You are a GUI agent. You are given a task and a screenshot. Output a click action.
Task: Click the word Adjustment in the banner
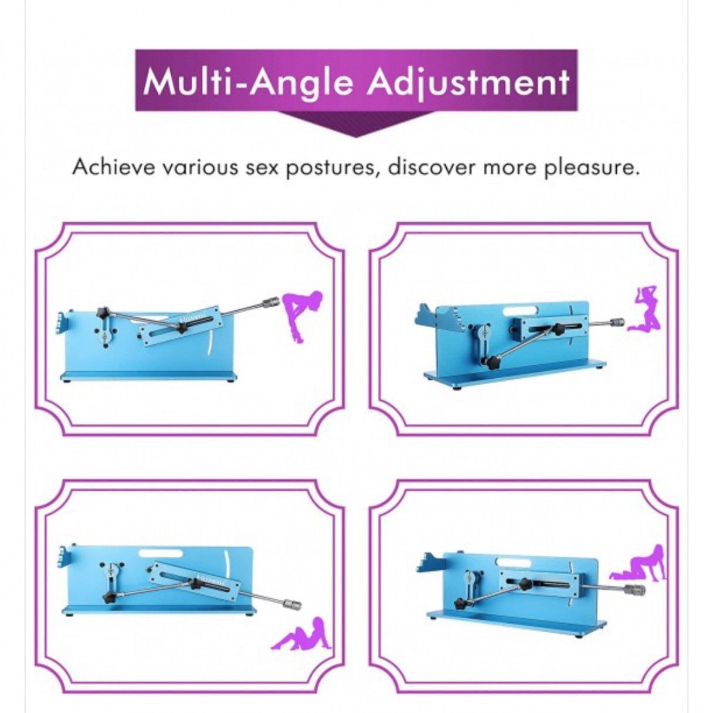(x=466, y=82)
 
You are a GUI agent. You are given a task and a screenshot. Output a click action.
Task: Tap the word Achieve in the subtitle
(x=111, y=168)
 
